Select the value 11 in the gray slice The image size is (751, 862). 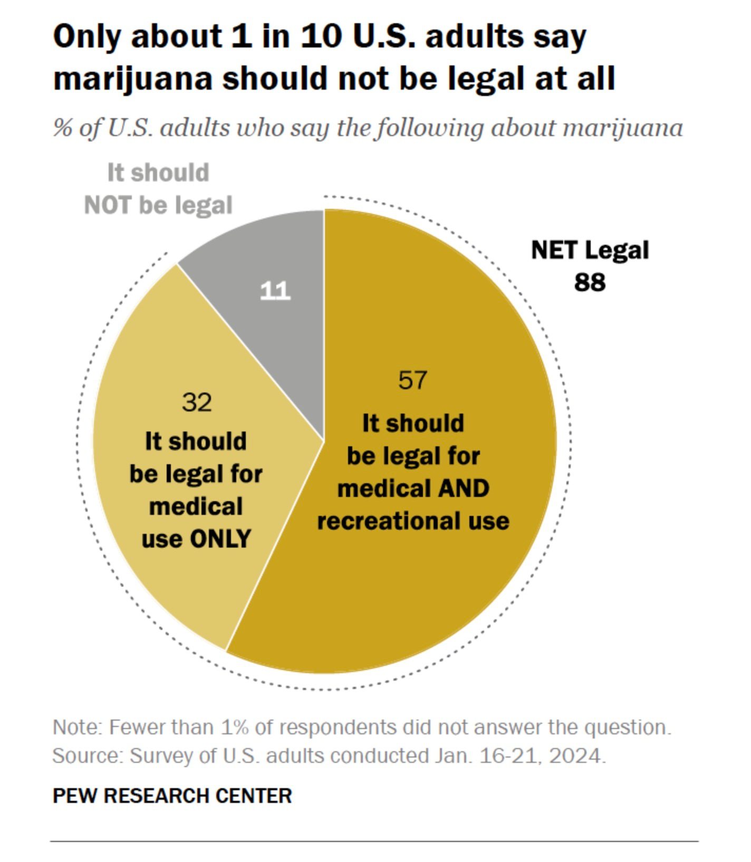click(x=275, y=291)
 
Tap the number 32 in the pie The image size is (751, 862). click(x=197, y=403)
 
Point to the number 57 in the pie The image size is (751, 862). click(x=412, y=380)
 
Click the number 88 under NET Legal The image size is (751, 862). click(x=590, y=282)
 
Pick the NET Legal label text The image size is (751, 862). click(x=590, y=250)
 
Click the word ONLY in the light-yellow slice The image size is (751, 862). click(x=220, y=539)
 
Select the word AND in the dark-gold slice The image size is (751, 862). click(x=464, y=489)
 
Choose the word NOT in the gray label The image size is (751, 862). click(x=108, y=205)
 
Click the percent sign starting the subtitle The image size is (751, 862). click(x=62, y=128)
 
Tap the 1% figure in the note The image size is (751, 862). click(x=235, y=727)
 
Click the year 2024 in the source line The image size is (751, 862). click(x=575, y=756)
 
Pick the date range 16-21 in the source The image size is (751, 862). click(x=507, y=756)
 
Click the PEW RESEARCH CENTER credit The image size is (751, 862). click(x=172, y=796)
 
